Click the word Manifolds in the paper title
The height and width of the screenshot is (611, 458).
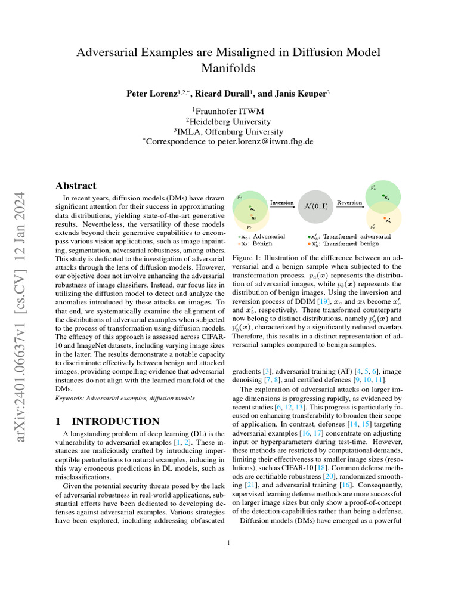(228, 69)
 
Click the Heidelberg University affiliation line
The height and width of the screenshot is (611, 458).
(228, 121)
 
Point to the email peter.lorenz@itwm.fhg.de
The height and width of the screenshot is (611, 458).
(260, 142)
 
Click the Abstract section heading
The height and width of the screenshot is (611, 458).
(76, 186)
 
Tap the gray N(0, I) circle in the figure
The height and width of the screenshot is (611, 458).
(316, 208)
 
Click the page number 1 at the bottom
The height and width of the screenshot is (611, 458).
(228, 542)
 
